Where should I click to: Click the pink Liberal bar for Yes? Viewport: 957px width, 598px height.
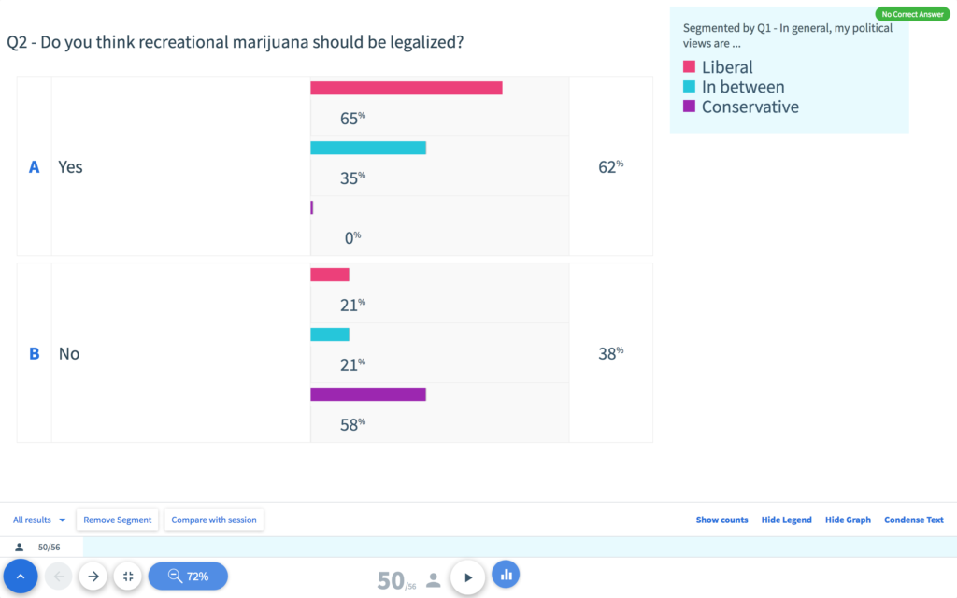coord(406,88)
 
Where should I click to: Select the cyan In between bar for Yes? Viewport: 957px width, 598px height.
coord(368,148)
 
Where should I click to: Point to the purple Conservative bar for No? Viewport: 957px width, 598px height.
coord(368,394)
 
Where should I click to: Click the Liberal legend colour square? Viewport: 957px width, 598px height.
coord(690,67)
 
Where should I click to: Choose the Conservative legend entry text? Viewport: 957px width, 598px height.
coord(750,107)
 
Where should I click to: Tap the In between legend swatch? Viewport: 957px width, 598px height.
coord(690,87)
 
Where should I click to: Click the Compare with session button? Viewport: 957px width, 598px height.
coord(214,520)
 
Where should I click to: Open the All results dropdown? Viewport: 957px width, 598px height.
coord(39,520)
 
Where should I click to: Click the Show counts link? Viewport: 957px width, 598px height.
coord(721,520)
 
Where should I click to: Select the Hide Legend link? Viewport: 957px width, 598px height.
coord(786,520)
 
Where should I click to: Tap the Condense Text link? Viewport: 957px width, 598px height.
coord(913,520)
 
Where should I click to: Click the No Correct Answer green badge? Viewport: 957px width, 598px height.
coord(912,14)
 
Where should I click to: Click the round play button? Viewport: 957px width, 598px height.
coord(468,577)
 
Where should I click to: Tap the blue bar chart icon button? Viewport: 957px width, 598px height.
coord(506,575)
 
